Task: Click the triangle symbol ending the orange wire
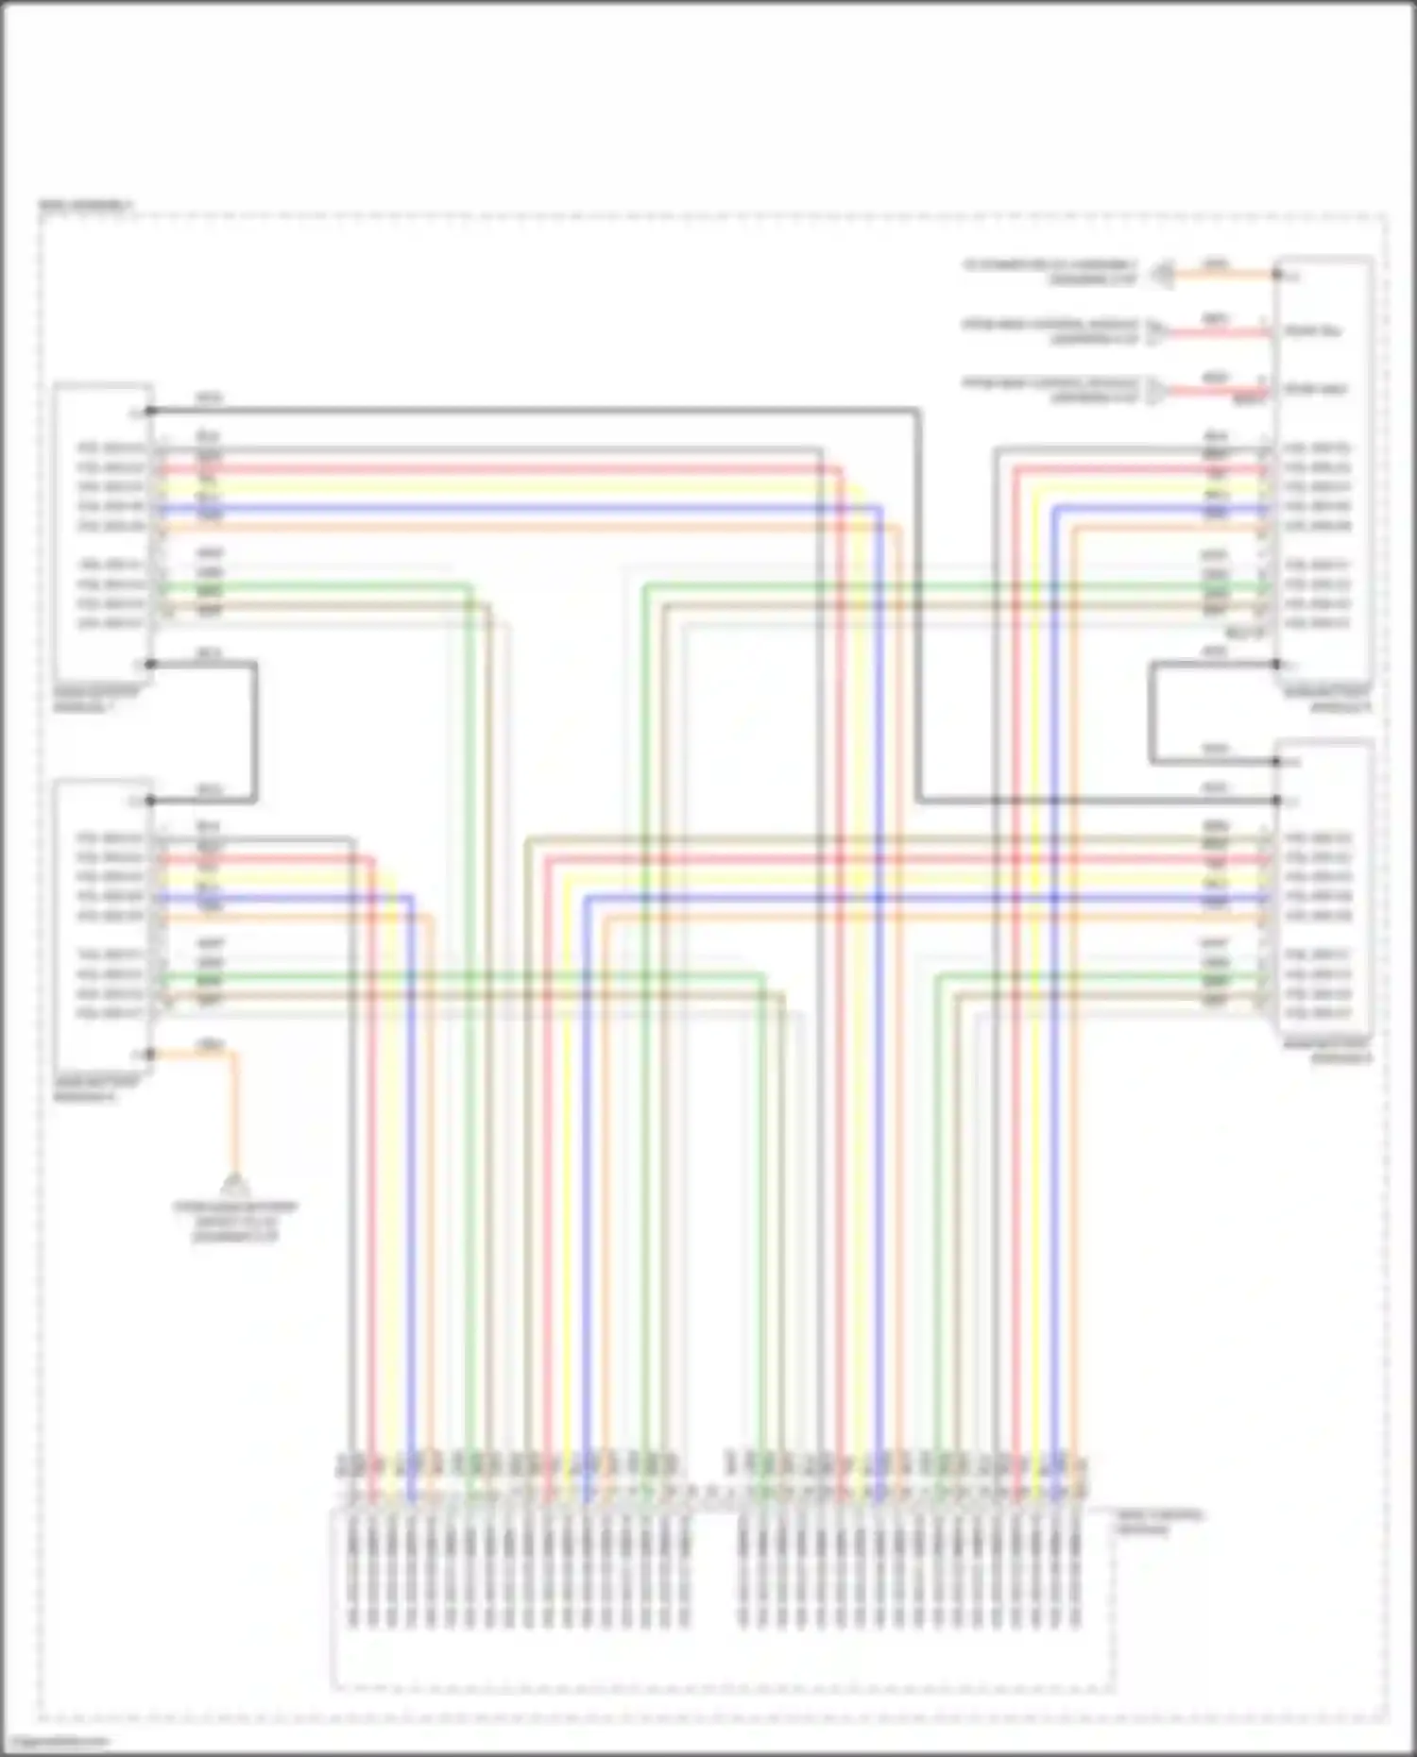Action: click(234, 1183)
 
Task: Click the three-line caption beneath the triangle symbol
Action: click(234, 1221)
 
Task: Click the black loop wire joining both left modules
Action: click(254, 732)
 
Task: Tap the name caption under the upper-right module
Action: click(1326, 700)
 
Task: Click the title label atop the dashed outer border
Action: click(85, 205)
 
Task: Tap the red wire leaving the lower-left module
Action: click(265, 858)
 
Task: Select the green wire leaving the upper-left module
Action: click(312, 586)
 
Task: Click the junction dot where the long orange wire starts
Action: click(150, 1054)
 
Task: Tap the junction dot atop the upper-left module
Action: click(149, 411)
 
